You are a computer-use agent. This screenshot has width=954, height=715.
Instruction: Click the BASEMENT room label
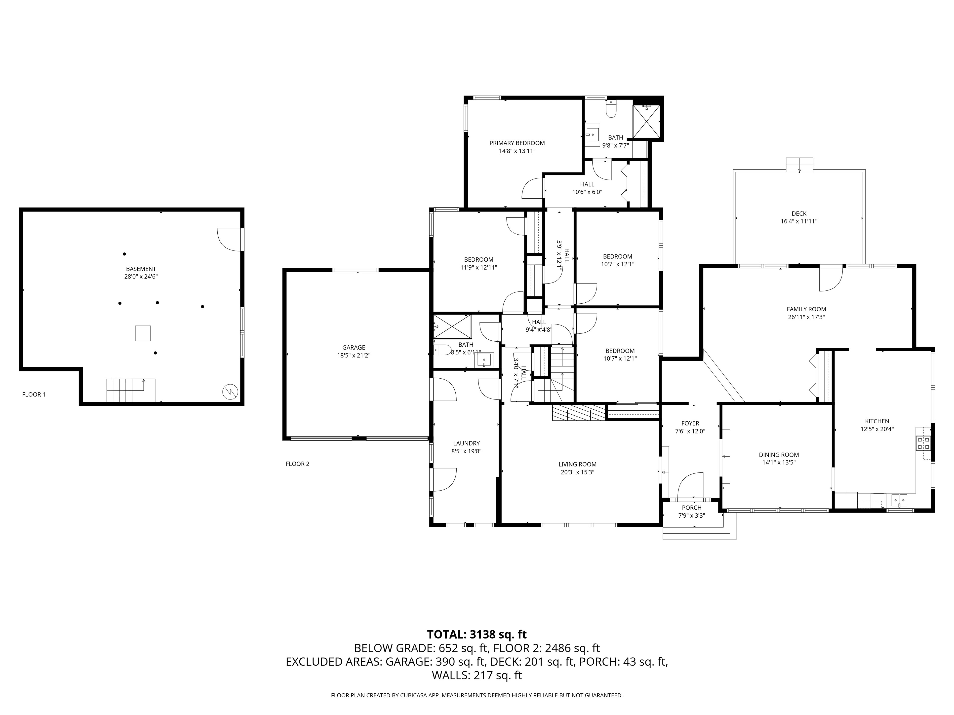[x=141, y=269]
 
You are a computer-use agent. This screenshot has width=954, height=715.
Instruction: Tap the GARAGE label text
[x=354, y=347]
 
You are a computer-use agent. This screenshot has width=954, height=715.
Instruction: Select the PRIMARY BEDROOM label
[x=517, y=143]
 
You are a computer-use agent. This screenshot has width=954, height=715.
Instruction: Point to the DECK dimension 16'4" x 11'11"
[x=799, y=221]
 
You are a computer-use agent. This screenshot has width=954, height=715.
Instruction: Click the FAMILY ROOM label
[x=806, y=309]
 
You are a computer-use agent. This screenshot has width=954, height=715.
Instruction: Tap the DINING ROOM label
[x=779, y=455]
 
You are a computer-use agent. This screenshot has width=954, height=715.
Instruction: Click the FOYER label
[x=690, y=423]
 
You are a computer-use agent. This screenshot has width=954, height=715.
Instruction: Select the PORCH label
[x=692, y=508]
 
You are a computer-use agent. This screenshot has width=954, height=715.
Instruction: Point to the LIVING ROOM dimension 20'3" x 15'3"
[x=577, y=472]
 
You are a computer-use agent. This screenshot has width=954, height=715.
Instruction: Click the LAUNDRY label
[x=466, y=443]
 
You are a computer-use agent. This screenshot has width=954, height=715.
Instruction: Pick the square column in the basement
[x=143, y=333]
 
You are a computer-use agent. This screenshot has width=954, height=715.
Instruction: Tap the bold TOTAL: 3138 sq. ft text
[x=477, y=634]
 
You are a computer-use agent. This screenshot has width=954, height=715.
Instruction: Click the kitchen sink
[x=899, y=500]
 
